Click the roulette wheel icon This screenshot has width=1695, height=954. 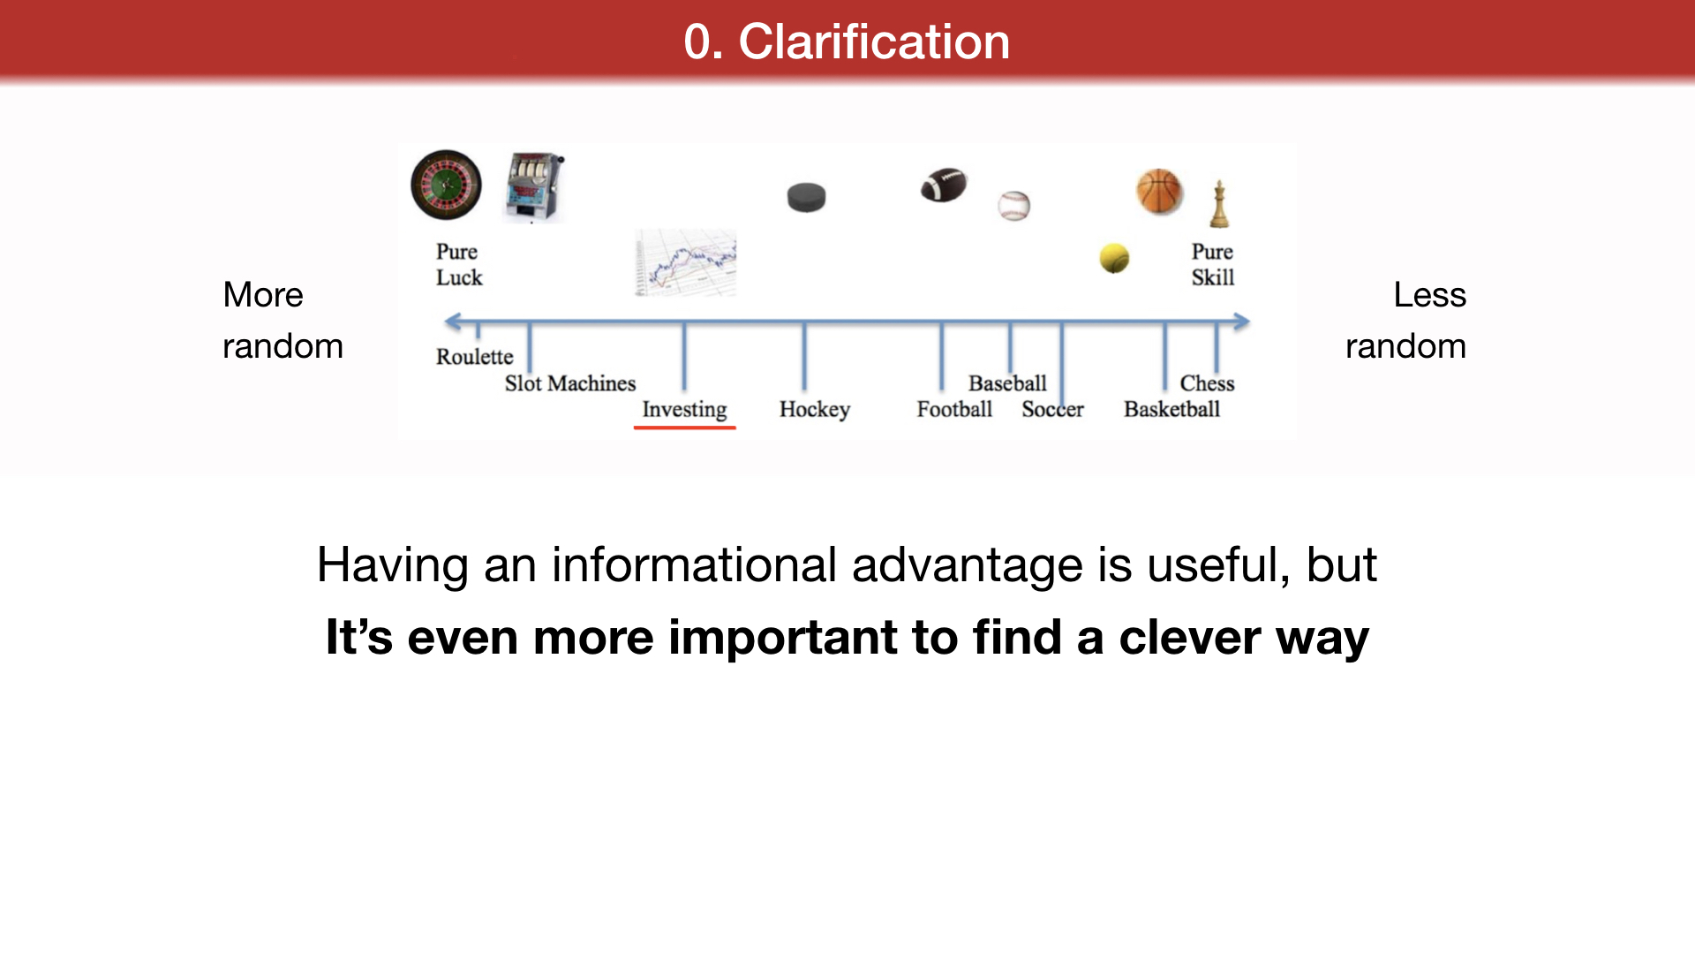[x=447, y=185]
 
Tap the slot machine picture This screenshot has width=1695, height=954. [x=534, y=187]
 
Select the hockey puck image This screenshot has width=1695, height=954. [x=806, y=197]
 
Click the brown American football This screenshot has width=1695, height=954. [x=944, y=185]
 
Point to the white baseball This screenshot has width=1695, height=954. [x=1014, y=206]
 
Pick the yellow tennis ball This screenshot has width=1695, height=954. [x=1114, y=258]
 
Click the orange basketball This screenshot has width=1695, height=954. [x=1159, y=192]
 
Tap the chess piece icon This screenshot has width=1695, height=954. [x=1219, y=204]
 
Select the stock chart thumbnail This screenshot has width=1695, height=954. [x=686, y=262]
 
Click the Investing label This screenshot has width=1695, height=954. [x=684, y=410]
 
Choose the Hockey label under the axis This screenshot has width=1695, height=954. [x=815, y=410]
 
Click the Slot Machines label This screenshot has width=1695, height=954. [x=570, y=383]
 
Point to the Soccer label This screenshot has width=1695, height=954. [x=1052, y=409]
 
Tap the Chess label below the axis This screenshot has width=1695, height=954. [x=1207, y=383]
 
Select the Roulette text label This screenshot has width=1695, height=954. [x=474, y=357]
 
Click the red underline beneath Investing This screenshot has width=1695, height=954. [x=684, y=428]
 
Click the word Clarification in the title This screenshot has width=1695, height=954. [x=874, y=42]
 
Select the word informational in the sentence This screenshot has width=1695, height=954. [x=694, y=564]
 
